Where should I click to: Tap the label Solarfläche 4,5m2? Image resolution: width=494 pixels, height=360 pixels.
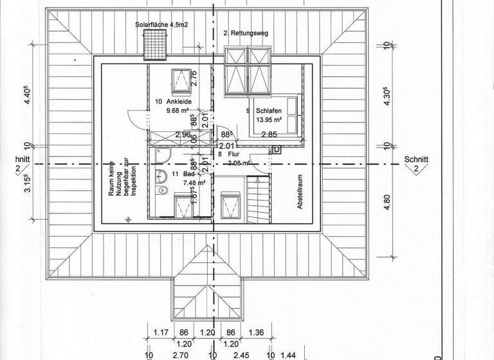[161, 25]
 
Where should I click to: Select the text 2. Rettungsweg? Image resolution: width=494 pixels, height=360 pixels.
[244, 32]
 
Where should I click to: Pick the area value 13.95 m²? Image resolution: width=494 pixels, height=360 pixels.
[269, 120]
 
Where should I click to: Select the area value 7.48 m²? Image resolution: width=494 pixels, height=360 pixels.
[192, 183]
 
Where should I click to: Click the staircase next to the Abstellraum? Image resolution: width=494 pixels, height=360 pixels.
[256, 201]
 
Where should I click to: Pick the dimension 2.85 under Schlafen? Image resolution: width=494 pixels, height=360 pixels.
[268, 134]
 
